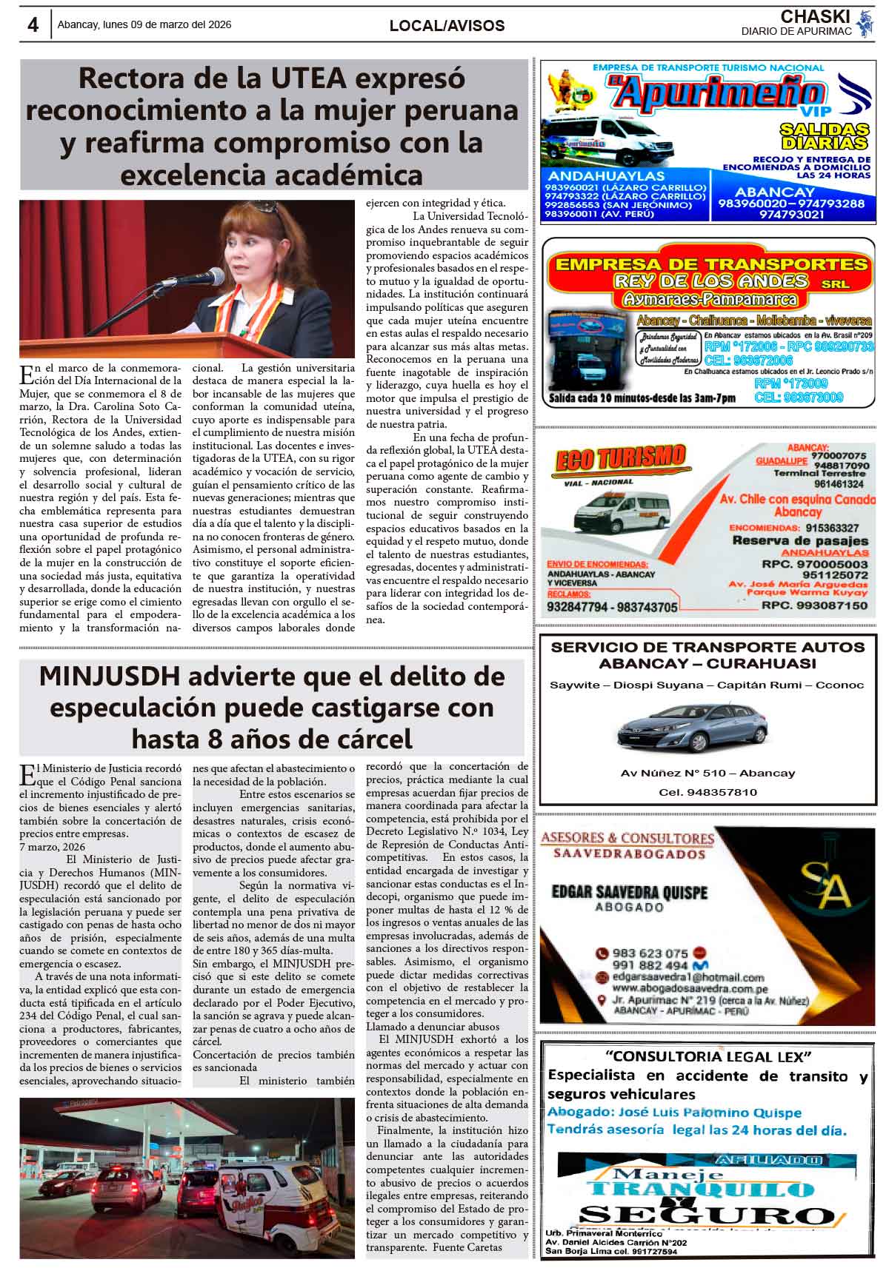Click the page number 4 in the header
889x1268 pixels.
(x=33, y=24)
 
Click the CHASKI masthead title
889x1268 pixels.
(x=816, y=16)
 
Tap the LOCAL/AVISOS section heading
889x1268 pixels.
(x=447, y=26)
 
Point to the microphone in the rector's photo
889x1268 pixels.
(x=200, y=278)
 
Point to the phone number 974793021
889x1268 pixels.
(x=791, y=215)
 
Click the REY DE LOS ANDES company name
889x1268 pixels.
(x=710, y=281)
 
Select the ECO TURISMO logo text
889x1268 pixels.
(x=619, y=459)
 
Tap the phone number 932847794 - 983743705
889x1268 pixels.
(x=612, y=607)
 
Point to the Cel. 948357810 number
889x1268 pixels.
(x=707, y=792)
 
